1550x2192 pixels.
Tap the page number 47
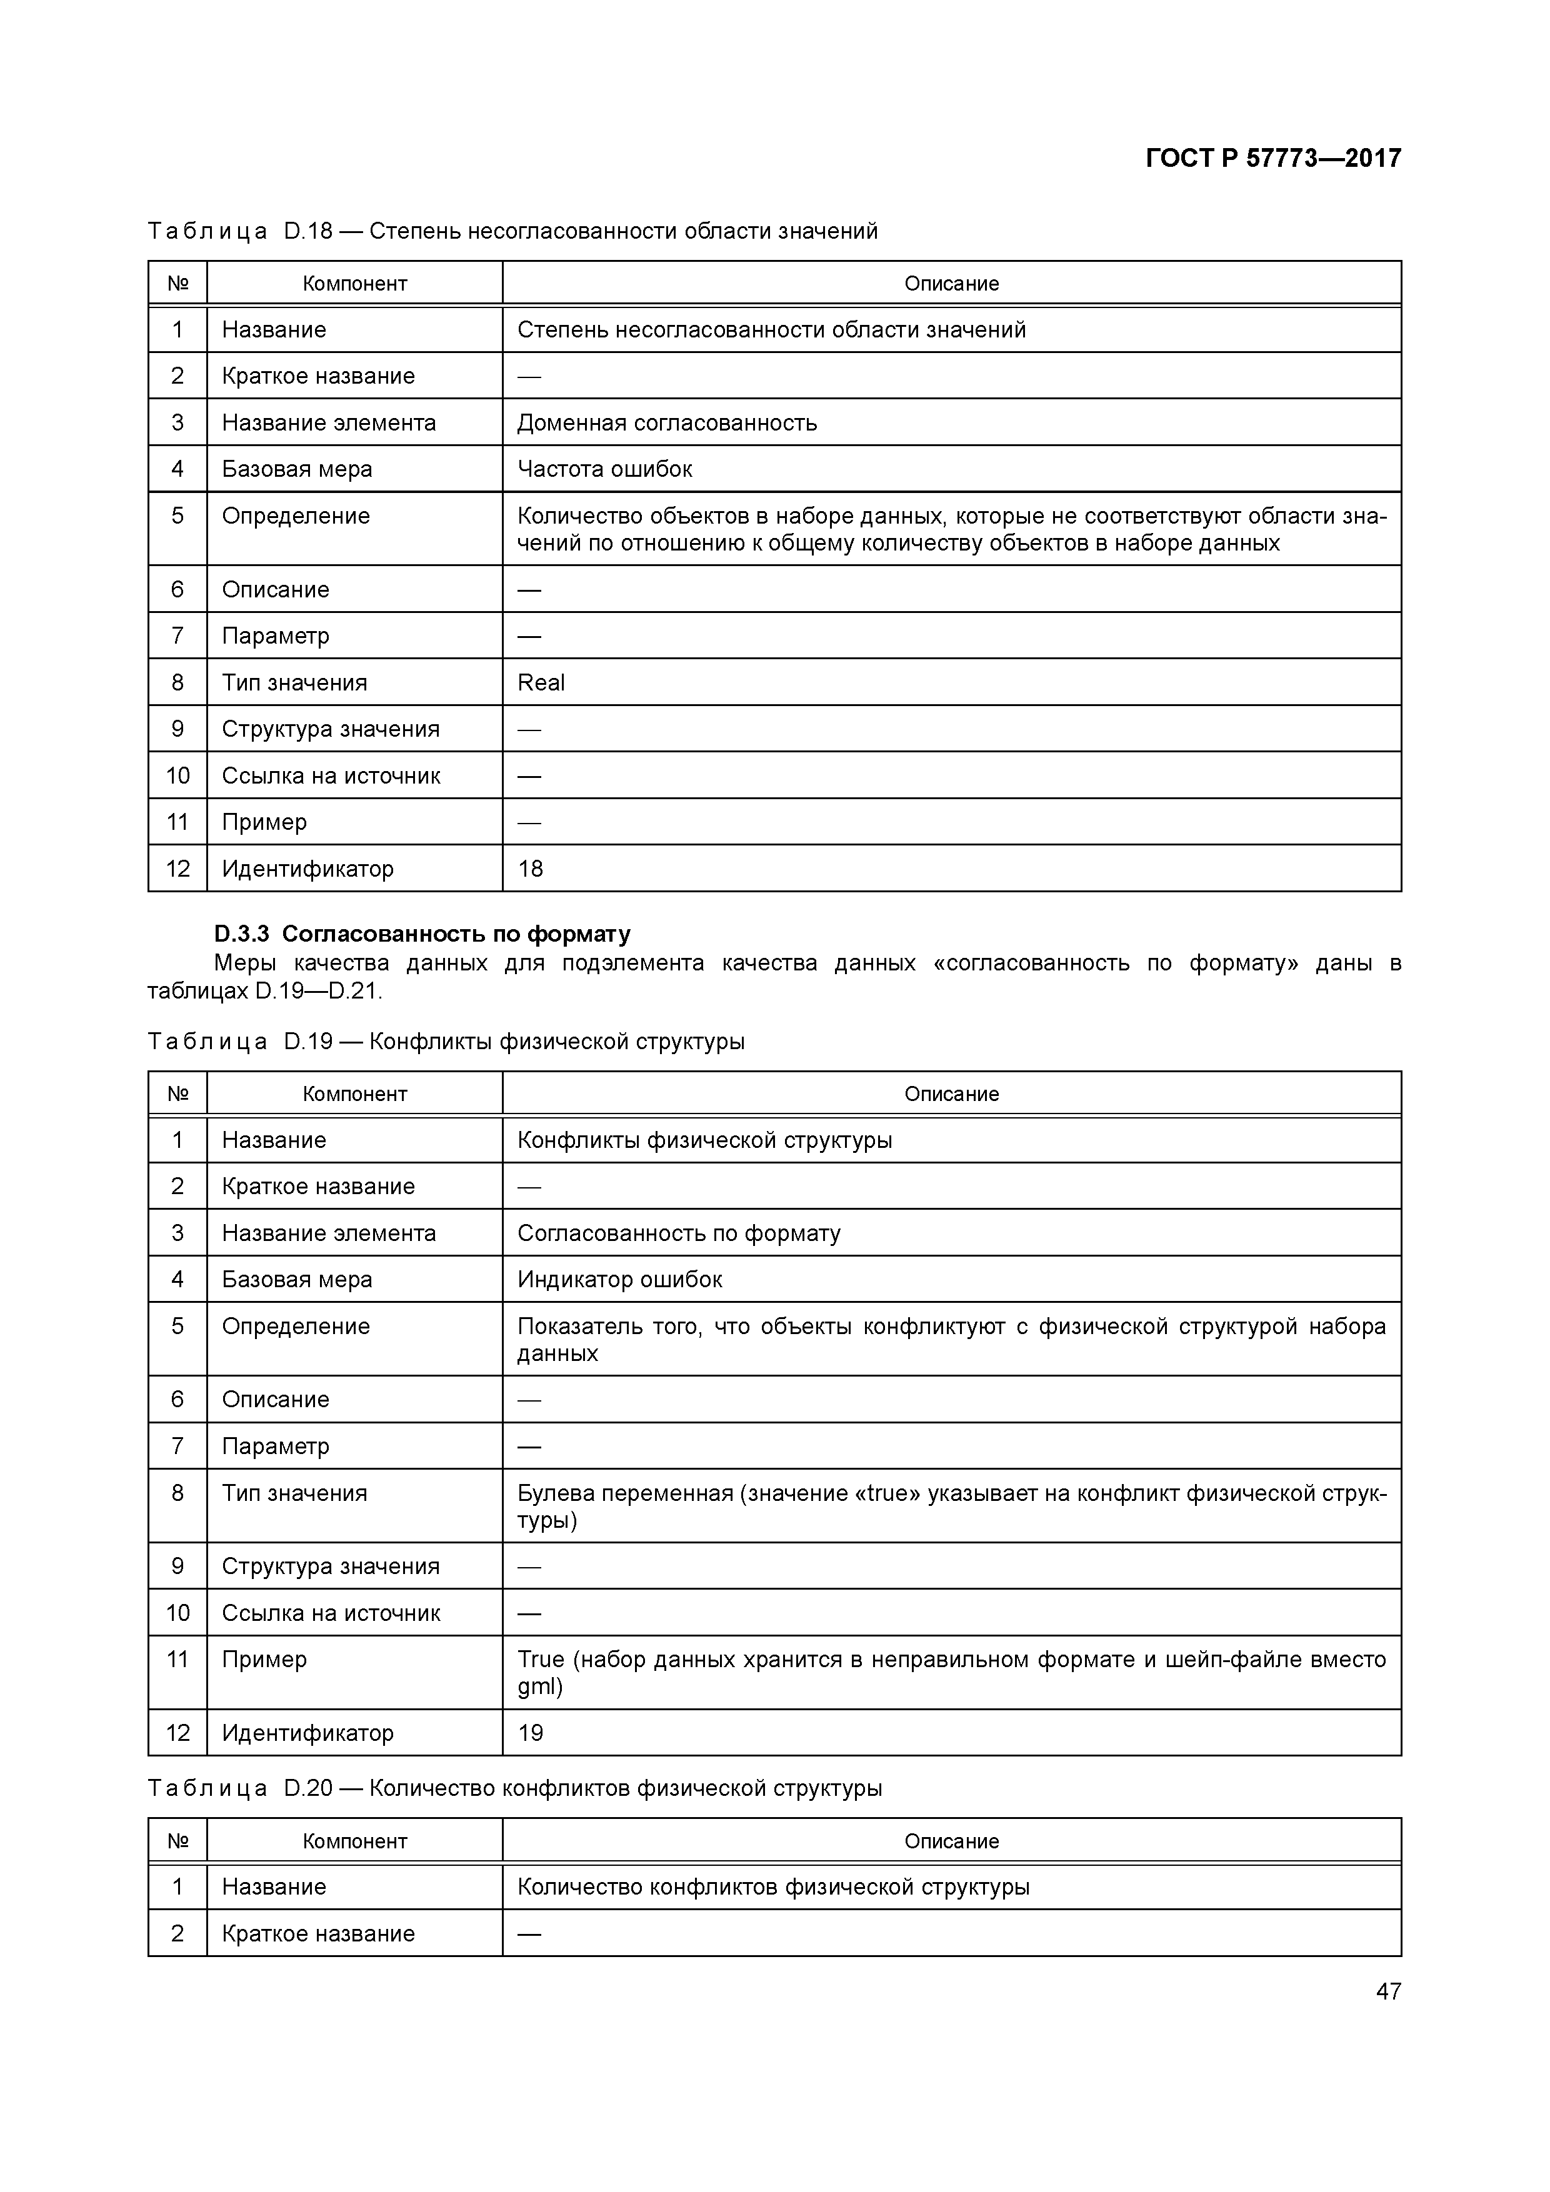coord(1387,1991)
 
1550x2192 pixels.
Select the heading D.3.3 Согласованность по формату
coord(422,934)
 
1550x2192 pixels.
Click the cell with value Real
coord(541,682)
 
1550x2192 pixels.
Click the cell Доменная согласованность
coord(667,423)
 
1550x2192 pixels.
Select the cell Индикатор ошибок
coord(620,1279)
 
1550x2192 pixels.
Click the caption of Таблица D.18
coord(512,231)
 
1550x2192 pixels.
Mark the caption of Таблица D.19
coord(446,1042)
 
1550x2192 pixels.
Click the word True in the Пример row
coord(541,1659)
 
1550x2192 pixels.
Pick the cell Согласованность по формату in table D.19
coord(679,1233)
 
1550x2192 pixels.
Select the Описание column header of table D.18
coord(951,284)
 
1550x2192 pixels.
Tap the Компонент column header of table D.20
coord(354,1841)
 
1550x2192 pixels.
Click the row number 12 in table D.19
coord(177,1733)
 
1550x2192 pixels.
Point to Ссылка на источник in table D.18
coord(331,776)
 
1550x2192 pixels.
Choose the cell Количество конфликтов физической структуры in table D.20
coord(772,1888)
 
